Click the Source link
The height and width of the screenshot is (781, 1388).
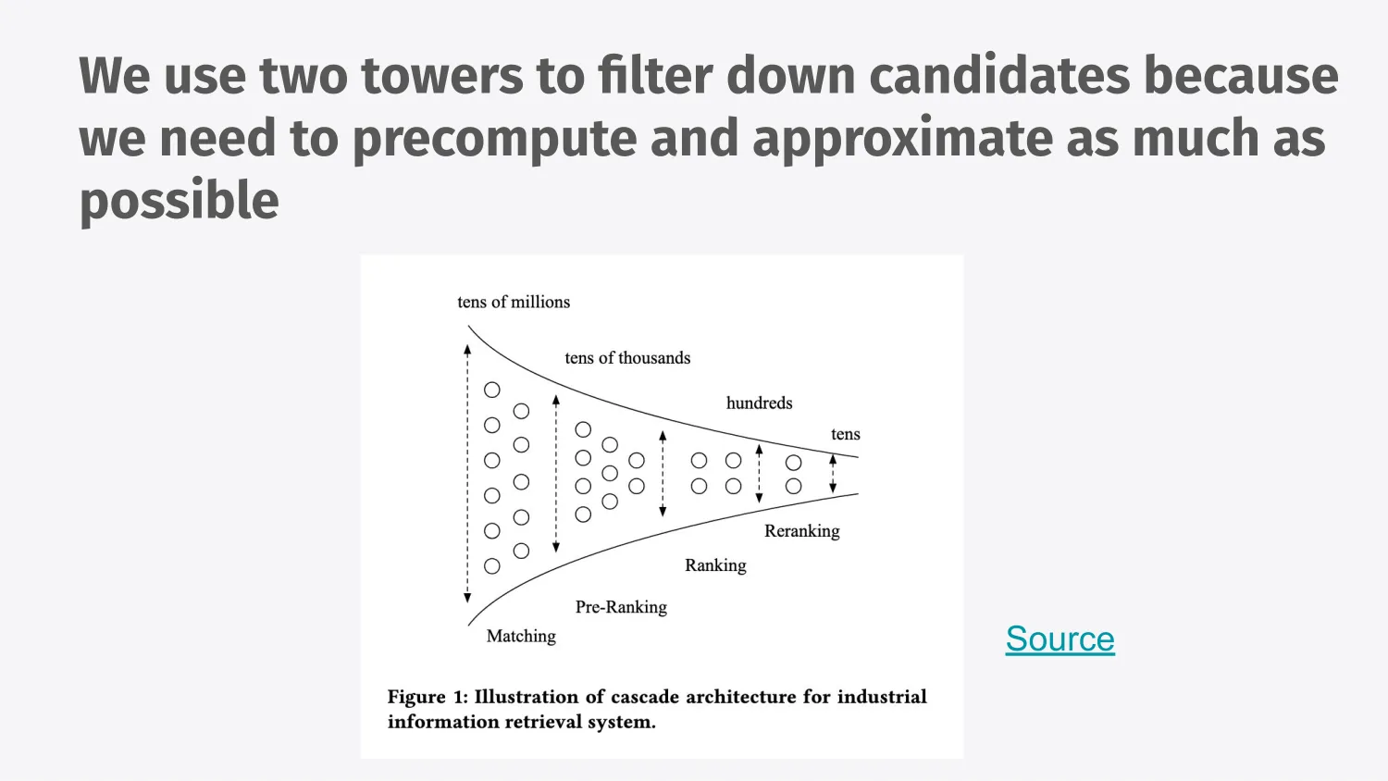click(1060, 639)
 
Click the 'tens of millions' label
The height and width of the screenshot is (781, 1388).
click(514, 302)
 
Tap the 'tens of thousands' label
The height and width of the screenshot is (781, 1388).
click(627, 358)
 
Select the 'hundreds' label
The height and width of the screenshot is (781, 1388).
click(759, 403)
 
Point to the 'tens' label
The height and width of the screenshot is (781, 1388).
click(845, 434)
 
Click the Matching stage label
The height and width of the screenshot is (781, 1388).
click(521, 636)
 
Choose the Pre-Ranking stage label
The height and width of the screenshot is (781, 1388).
click(621, 607)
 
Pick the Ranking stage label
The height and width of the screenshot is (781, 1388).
click(715, 565)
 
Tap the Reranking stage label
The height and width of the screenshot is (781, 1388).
click(801, 531)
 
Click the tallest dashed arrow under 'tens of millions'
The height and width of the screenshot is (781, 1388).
click(467, 472)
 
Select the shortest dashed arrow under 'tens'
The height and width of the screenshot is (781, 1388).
click(833, 473)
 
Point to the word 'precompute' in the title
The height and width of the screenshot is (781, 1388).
click(494, 139)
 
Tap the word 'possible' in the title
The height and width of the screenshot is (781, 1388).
click(180, 201)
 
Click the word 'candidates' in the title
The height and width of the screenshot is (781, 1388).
click(999, 76)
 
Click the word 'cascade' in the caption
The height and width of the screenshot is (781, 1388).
click(641, 697)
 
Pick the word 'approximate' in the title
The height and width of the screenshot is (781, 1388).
click(902, 139)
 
